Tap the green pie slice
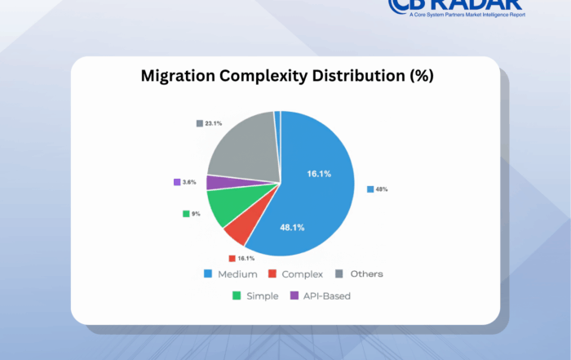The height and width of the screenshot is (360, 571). (224, 207)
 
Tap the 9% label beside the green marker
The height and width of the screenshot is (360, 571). (197, 214)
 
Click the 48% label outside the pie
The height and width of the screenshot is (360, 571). (381, 189)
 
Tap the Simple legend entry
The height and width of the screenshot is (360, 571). (261, 296)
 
